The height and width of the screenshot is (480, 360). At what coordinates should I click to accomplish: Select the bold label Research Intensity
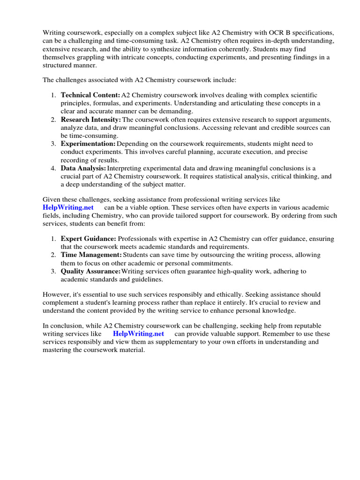(x=91, y=120)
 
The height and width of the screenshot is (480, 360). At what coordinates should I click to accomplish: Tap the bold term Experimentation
(x=88, y=144)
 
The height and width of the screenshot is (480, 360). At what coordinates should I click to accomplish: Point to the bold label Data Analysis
(x=83, y=168)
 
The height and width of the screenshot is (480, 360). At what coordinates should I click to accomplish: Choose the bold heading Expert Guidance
(x=89, y=239)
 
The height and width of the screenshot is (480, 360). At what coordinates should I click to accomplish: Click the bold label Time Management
(x=91, y=255)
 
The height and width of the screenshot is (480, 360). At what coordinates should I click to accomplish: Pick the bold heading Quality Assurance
(x=90, y=271)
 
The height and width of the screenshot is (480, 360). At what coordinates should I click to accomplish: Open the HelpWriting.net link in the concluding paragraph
(x=138, y=334)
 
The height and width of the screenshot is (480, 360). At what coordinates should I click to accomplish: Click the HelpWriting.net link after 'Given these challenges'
(x=68, y=207)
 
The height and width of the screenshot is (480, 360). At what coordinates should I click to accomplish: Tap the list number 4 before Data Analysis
(x=53, y=168)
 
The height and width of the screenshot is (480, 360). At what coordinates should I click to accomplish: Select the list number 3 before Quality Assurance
(x=53, y=271)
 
